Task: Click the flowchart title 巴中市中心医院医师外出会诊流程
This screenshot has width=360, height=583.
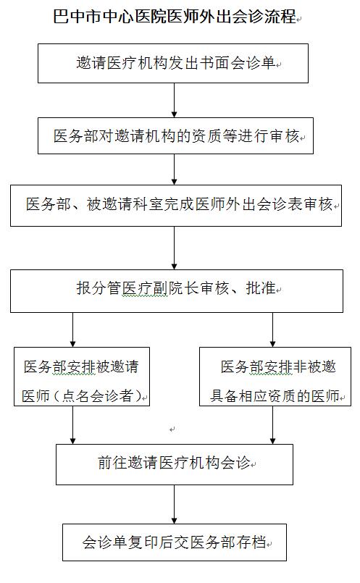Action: point(175,17)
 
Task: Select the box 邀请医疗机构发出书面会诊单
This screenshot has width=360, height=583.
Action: point(173,63)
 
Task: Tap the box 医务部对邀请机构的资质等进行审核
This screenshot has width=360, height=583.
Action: point(175,135)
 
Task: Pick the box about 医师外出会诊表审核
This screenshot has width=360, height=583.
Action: point(176,206)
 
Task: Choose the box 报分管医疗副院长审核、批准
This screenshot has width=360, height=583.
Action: point(177,290)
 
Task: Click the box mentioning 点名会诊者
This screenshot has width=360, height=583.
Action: point(82,377)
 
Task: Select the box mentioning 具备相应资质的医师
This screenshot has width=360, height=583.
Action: point(275,377)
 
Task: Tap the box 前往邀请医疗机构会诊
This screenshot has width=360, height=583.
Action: point(175,464)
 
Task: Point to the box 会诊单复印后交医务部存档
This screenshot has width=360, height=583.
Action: point(175,542)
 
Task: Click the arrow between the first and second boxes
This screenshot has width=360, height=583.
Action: point(174,101)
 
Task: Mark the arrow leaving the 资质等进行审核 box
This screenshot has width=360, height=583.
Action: point(174,169)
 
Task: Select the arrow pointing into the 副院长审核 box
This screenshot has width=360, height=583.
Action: point(174,248)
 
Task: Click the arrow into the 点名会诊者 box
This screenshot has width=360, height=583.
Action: point(73,330)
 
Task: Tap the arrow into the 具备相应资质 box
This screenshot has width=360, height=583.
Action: point(272,330)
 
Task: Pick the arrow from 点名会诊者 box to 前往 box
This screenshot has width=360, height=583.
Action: point(73,424)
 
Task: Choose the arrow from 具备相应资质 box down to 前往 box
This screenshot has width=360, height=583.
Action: point(272,424)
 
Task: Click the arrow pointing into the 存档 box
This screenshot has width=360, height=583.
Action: point(174,504)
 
